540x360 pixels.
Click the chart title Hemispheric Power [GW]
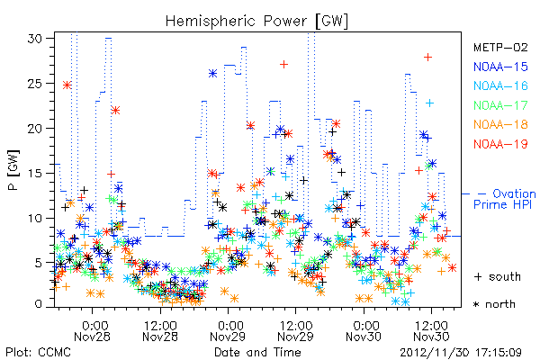(256, 22)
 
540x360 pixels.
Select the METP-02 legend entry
(500, 47)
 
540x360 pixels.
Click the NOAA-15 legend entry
(500, 67)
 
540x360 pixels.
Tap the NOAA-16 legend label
(500, 85)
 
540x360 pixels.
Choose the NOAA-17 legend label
(500, 105)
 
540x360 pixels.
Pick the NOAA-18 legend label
(500, 124)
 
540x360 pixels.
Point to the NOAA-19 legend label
(500, 144)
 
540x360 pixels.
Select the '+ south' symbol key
(498, 276)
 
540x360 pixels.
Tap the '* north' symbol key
(494, 304)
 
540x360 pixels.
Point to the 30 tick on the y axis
(35, 38)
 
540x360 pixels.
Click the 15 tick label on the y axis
(35, 173)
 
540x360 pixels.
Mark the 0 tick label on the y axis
(39, 304)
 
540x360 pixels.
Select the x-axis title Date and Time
(257, 353)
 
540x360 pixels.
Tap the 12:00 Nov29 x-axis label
(295, 331)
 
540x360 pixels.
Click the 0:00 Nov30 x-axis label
(364, 331)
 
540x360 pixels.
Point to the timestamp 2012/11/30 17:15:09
(461, 353)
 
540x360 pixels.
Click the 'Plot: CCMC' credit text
(38, 353)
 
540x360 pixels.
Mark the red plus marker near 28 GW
(427, 58)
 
